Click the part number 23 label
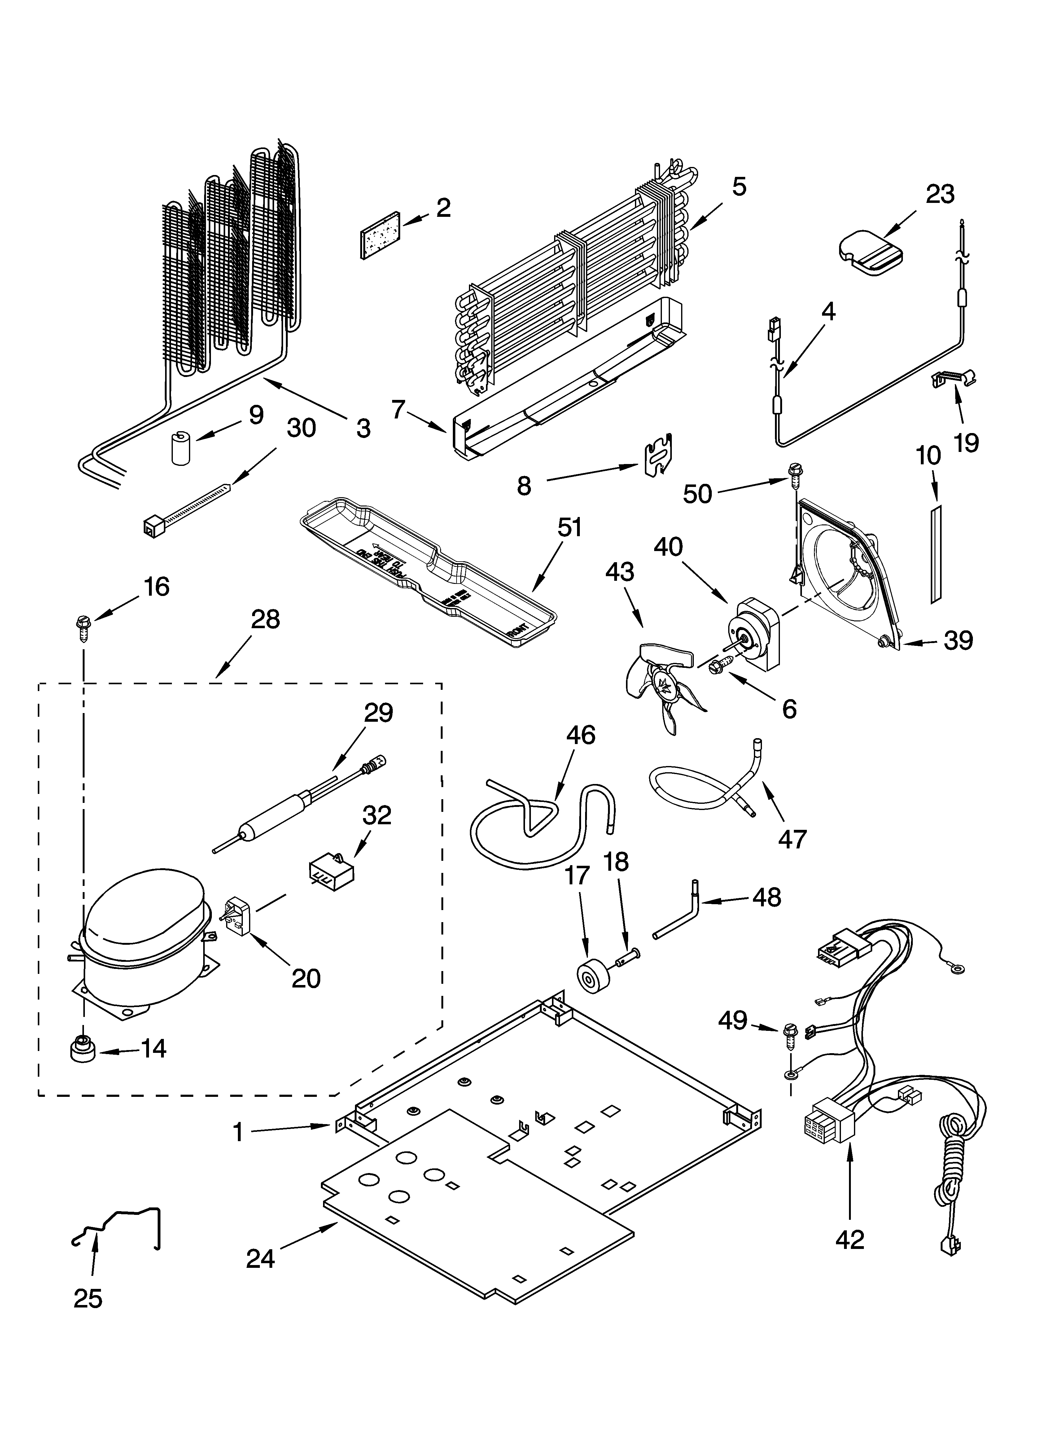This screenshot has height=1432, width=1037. (940, 195)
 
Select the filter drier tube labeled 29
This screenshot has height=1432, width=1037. (297, 805)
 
